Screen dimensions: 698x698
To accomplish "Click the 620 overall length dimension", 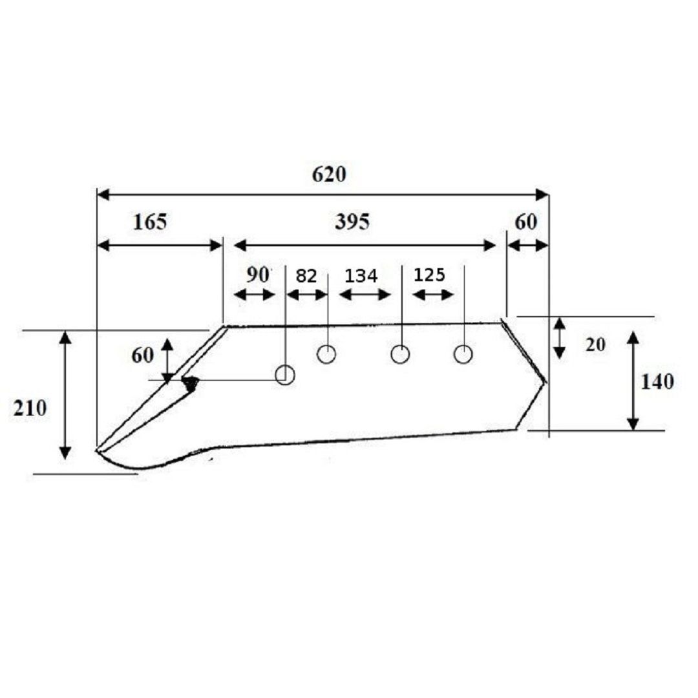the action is click(x=328, y=174).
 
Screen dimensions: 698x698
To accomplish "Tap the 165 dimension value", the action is click(x=150, y=222).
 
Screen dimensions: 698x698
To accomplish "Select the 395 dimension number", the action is click(x=352, y=222).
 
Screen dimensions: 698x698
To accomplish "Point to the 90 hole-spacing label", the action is click(x=258, y=275).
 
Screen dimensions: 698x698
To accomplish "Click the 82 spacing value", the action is click(x=306, y=276).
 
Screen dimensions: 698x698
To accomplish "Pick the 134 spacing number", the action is click(x=361, y=276).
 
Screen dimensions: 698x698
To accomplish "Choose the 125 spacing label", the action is click(x=429, y=275).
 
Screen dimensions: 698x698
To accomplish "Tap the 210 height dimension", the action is click(x=30, y=408).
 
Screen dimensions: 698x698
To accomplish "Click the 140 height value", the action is click(x=657, y=382).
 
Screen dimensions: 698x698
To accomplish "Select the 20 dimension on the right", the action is click(x=595, y=344).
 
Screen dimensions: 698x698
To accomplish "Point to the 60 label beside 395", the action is click(x=525, y=222).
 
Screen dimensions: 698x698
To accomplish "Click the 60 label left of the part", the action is click(x=142, y=355).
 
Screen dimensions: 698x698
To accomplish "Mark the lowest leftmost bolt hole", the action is click(x=285, y=375).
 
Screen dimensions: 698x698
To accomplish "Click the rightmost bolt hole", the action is click(x=463, y=354).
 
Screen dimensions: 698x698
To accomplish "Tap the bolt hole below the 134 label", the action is click(x=400, y=354).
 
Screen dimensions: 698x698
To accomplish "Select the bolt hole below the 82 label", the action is click(x=326, y=354).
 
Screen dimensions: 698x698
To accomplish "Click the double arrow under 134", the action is click(x=365, y=295).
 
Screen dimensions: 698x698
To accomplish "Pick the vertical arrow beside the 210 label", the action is click(x=65, y=396).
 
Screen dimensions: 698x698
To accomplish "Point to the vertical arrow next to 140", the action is click(x=633, y=381).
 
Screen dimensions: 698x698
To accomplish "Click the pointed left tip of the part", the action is click(x=97, y=450).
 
